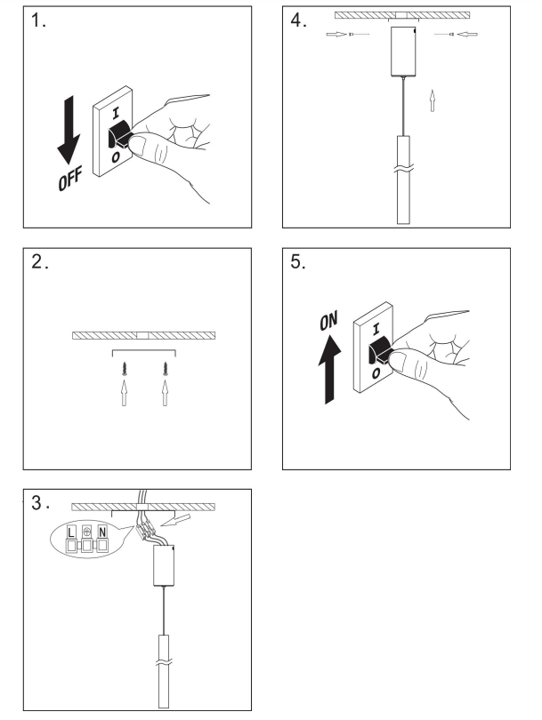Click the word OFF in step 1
[70, 179]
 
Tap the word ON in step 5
[328, 321]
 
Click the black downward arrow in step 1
[69, 130]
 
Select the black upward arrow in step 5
[329, 369]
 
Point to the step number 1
[38, 20]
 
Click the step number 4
[298, 20]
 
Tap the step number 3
[40, 503]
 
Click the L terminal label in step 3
[71, 532]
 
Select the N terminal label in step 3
[102, 532]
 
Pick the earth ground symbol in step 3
[87, 532]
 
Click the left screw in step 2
[124, 368]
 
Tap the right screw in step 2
[165, 368]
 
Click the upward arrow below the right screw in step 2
[165, 393]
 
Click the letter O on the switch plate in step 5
[376, 373]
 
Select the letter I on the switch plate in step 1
[116, 113]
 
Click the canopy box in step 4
[404, 52]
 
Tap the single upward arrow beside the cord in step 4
[433, 100]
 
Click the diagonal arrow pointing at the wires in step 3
[177, 520]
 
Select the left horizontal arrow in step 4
[336, 34]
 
